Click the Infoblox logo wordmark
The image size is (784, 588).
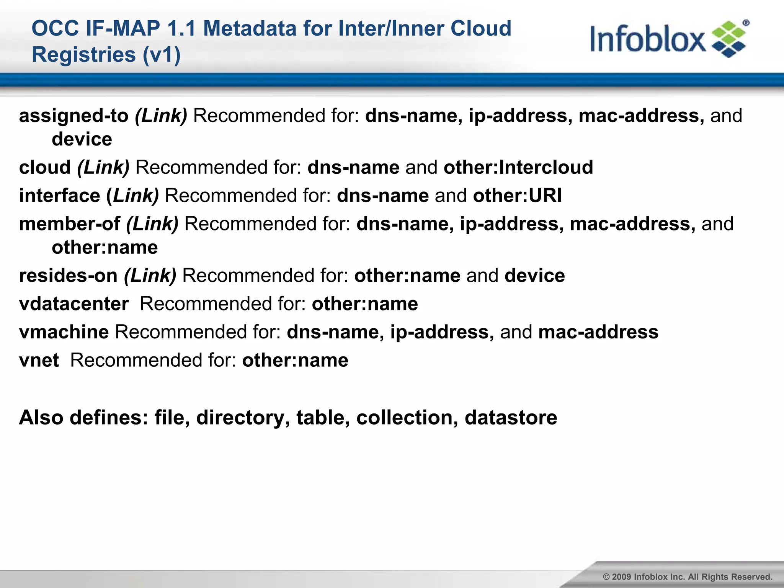click(x=648, y=39)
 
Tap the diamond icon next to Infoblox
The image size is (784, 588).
click(x=729, y=39)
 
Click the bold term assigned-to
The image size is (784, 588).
click(x=73, y=116)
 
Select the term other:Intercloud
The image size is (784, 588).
click(x=518, y=167)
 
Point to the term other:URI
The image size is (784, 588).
click(x=517, y=196)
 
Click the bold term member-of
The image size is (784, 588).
click(x=69, y=224)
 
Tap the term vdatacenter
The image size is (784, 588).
click(x=74, y=304)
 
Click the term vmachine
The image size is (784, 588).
click(x=64, y=332)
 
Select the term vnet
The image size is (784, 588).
click(x=39, y=360)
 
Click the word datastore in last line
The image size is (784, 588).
click(x=511, y=417)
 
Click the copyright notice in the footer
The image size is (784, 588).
click(x=688, y=577)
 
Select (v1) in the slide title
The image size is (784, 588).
click(x=161, y=54)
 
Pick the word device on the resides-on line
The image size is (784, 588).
click(x=534, y=276)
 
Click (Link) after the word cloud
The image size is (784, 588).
click(x=103, y=167)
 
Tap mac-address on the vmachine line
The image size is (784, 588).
click(x=598, y=332)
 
